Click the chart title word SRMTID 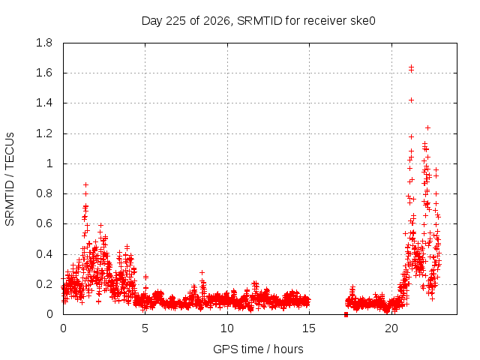(259, 21)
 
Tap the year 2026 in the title (217, 21)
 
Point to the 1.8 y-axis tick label (44, 43)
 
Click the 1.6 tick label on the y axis (44, 73)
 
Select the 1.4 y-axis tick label (44, 103)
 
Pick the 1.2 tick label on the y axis (44, 133)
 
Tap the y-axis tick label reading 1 (49, 163)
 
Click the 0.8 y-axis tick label (44, 193)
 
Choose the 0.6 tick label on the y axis (44, 223)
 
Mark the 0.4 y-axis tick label (44, 254)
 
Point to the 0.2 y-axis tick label (44, 284)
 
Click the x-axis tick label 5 (145, 328)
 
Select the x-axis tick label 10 (227, 328)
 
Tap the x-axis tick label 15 (309, 328)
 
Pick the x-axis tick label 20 (391, 328)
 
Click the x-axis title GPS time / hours (258, 349)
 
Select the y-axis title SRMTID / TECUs (10, 179)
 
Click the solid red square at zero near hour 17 (346, 314)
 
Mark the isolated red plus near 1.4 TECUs (412, 100)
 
